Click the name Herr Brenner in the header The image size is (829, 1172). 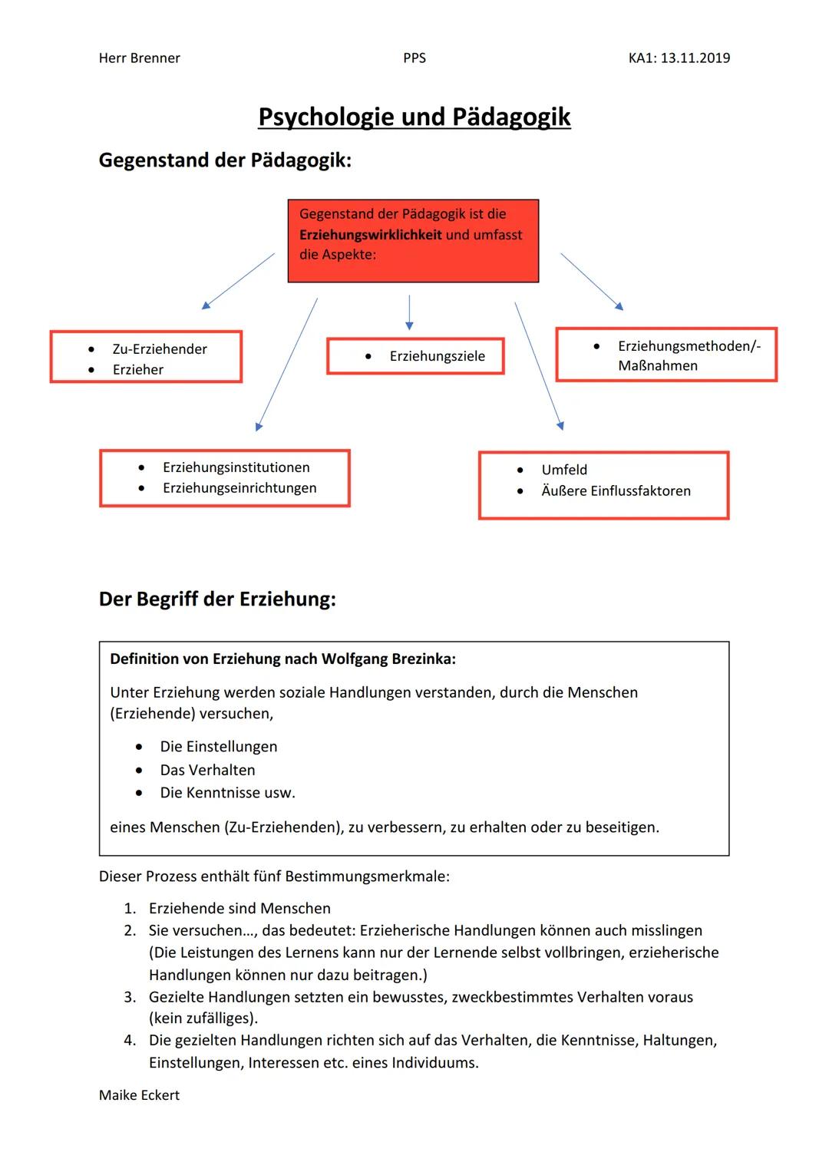click(139, 58)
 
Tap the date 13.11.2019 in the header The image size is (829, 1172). click(695, 58)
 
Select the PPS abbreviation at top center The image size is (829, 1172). click(414, 58)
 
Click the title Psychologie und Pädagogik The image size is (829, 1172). click(414, 117)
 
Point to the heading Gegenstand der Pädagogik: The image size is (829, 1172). click(225, 160)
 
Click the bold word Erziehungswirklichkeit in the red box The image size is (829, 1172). click(370, 235)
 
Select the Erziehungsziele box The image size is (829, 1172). click(416, 356)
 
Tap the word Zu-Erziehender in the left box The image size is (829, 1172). click(160, 349)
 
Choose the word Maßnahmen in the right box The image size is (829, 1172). click(658, 366)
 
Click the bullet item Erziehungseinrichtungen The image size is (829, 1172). click(239, 488)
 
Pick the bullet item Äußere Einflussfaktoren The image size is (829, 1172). click(616, 491)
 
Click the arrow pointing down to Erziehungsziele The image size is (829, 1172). click(409, 312)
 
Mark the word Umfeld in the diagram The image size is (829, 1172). click(564, 470)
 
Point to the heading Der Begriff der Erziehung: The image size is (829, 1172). click(217, 599)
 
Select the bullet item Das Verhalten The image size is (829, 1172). click(207, 770)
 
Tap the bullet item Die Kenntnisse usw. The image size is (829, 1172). click(227, 793)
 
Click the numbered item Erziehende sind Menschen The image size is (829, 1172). click(239, 909)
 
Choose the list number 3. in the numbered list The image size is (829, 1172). click(130, 997)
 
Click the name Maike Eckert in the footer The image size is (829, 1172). click(139, 1095)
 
